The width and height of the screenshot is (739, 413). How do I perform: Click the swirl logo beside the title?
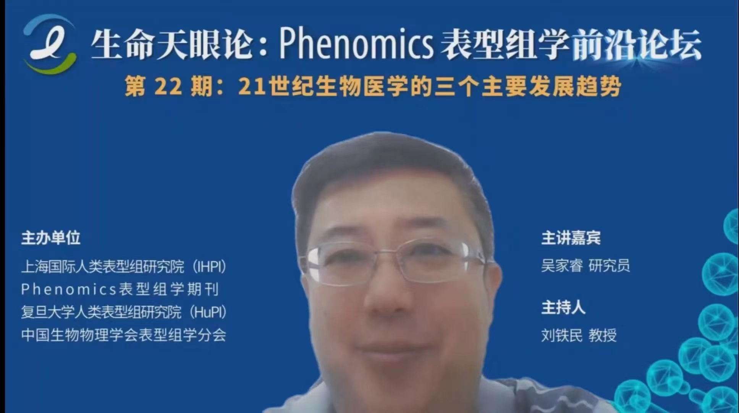[50, 44]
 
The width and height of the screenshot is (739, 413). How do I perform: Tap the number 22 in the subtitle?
[168, 87]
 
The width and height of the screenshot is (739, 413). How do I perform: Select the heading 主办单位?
[51, 238]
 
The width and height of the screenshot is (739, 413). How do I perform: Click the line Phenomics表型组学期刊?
[120, 289]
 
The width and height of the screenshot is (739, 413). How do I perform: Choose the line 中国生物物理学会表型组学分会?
[124, 335]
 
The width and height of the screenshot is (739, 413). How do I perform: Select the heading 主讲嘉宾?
[571, 238]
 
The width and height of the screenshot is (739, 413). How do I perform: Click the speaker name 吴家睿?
[562, 265]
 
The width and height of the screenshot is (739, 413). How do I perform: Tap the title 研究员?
[609, 265]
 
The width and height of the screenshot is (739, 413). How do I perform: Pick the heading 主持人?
[563, 307]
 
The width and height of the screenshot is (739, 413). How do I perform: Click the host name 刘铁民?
[562, 335]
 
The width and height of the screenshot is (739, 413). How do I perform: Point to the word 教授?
[603, 335]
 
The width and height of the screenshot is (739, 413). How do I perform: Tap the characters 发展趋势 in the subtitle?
[575, 87]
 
